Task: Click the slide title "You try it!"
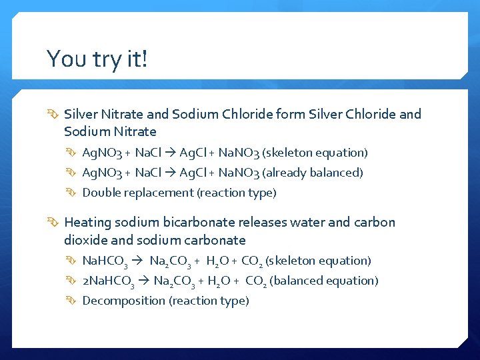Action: pyautogui.click(x=97, y=59)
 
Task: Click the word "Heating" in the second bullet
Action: pyautogui.click(x=88, y=222)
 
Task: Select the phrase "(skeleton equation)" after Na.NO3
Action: pyautogui.click(x=317, y=153)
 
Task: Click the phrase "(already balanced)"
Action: pyautogui.click(x=313, y=173)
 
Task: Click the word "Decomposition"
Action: pyautogui.click(x=124, y=301)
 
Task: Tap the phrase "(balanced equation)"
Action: pyautogui.click(x=323, y=281)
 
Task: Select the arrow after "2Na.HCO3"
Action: pyautogui.click(x=144, y=281)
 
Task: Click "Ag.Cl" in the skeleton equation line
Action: pyautogui.click(x=193, y=153)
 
